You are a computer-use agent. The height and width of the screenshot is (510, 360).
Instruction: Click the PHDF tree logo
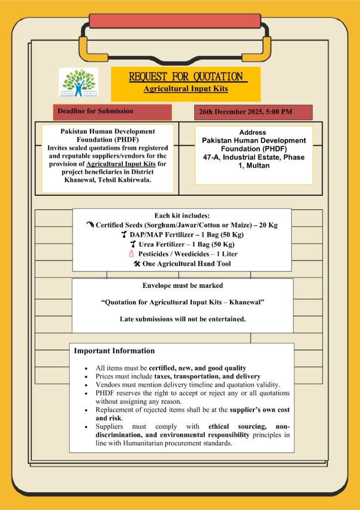pos(78,82)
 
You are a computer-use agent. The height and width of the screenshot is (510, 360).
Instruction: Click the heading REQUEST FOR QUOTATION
pos(185,77)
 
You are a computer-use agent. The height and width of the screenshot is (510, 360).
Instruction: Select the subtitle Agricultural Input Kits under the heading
pos(185,89)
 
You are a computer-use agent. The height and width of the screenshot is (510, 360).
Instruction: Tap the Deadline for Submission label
pos(95,111)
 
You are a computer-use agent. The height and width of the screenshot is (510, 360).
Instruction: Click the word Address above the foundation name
pos(252,132)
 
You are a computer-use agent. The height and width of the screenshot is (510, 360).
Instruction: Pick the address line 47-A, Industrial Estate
pos(253,157)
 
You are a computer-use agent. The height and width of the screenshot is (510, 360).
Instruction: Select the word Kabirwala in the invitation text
pos(134,179)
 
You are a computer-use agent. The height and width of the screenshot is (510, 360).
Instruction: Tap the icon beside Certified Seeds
pos(90,225)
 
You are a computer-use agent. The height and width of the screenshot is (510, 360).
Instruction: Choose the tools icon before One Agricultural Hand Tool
pos(137,263)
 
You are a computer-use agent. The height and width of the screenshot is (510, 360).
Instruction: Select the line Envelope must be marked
pos(182,286)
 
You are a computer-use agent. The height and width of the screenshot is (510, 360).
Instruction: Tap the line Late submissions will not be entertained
pos(182,319)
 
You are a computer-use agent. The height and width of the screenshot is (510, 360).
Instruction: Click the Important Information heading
pos(115,351)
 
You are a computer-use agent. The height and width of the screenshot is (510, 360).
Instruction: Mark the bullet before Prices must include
pos(87,376)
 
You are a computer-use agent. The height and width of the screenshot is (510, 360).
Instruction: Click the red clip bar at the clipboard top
pos(175,21)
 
